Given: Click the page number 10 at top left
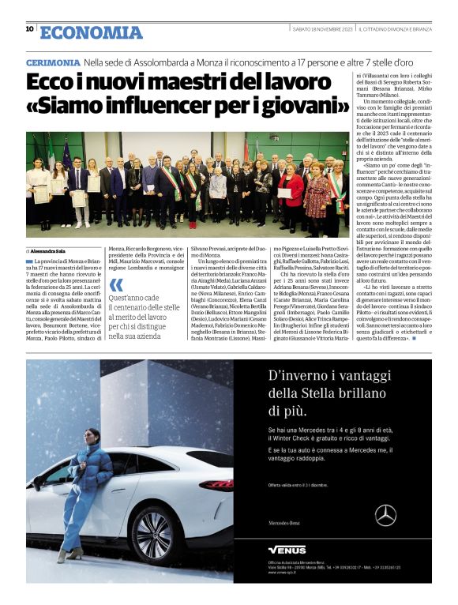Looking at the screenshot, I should [29, 29].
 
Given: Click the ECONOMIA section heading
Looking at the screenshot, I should [91, 32].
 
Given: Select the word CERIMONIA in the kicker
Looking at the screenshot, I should [52, 62].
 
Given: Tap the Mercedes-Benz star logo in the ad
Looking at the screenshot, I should [385, 515].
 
